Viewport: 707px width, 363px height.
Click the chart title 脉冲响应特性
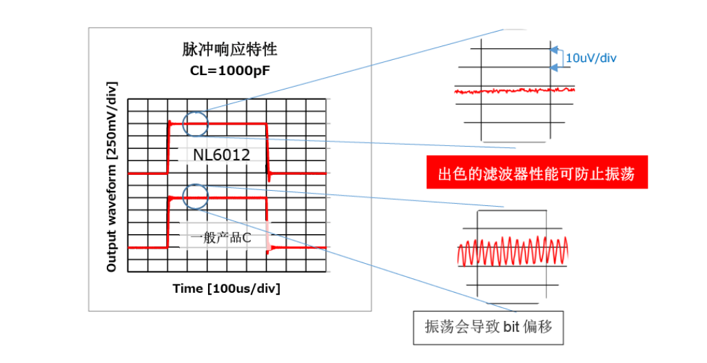(230, 50)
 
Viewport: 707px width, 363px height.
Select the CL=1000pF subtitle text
(229, 70)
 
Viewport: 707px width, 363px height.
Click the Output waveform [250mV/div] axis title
(112, 176)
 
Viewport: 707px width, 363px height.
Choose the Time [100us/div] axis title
(226, 288)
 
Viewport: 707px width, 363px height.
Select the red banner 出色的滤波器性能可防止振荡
(537, 176)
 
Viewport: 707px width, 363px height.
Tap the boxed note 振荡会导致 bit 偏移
(489, 326)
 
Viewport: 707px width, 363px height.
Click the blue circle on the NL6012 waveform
(195, 124)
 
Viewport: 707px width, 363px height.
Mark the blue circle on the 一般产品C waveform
(195, 197)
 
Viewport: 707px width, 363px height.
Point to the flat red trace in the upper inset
(513, 90)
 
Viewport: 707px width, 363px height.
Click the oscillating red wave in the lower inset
(513, 253)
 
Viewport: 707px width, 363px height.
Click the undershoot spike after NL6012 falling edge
(269, 177)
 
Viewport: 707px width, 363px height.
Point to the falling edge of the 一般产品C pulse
(267, 222)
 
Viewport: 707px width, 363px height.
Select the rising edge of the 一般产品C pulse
(167, 222)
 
